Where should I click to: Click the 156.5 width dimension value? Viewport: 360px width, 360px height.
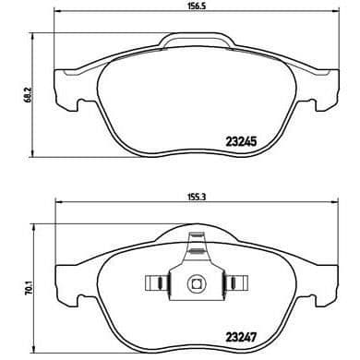(195, 6)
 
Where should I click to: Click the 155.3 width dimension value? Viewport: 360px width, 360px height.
(195, 197)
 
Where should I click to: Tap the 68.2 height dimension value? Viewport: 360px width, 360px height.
(29, 94)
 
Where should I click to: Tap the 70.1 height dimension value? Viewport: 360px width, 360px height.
(29, 287)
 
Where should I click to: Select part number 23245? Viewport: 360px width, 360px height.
(241, 141)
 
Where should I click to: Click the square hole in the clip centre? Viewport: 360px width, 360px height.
(196, 282)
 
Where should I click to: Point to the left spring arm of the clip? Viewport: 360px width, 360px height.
(157, 282)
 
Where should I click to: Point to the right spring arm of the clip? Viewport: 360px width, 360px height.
(236, 282)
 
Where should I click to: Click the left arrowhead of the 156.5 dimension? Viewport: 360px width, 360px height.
(57, 11)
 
